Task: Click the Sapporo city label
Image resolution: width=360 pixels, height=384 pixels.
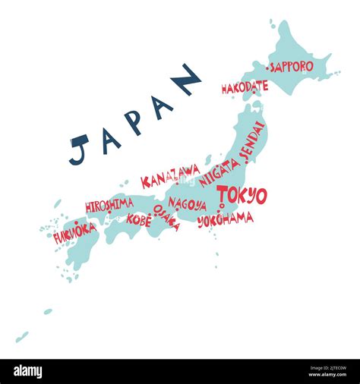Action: (292, 67)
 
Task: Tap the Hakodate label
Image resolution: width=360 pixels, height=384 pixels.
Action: (245, 87)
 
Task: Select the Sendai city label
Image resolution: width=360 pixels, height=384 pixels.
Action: (253, 141)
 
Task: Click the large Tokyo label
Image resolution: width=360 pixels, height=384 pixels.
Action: (242, 194)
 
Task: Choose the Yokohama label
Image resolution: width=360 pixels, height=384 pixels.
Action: (226, 220)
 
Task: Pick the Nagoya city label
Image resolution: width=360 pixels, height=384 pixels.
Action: (187, 204)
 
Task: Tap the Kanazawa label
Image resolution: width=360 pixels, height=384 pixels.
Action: (170, 177)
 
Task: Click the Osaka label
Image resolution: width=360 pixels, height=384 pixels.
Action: (166, 217)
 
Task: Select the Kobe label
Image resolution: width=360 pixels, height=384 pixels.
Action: (139, 220)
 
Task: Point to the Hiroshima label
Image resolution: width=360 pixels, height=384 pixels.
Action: (109, 205)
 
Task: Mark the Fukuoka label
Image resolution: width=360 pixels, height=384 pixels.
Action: (74, 233)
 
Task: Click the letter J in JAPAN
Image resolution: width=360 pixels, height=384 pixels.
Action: (79, 149)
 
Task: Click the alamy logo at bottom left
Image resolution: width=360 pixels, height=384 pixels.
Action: (27, 371)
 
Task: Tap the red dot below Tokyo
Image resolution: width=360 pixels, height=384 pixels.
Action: (220, 205)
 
